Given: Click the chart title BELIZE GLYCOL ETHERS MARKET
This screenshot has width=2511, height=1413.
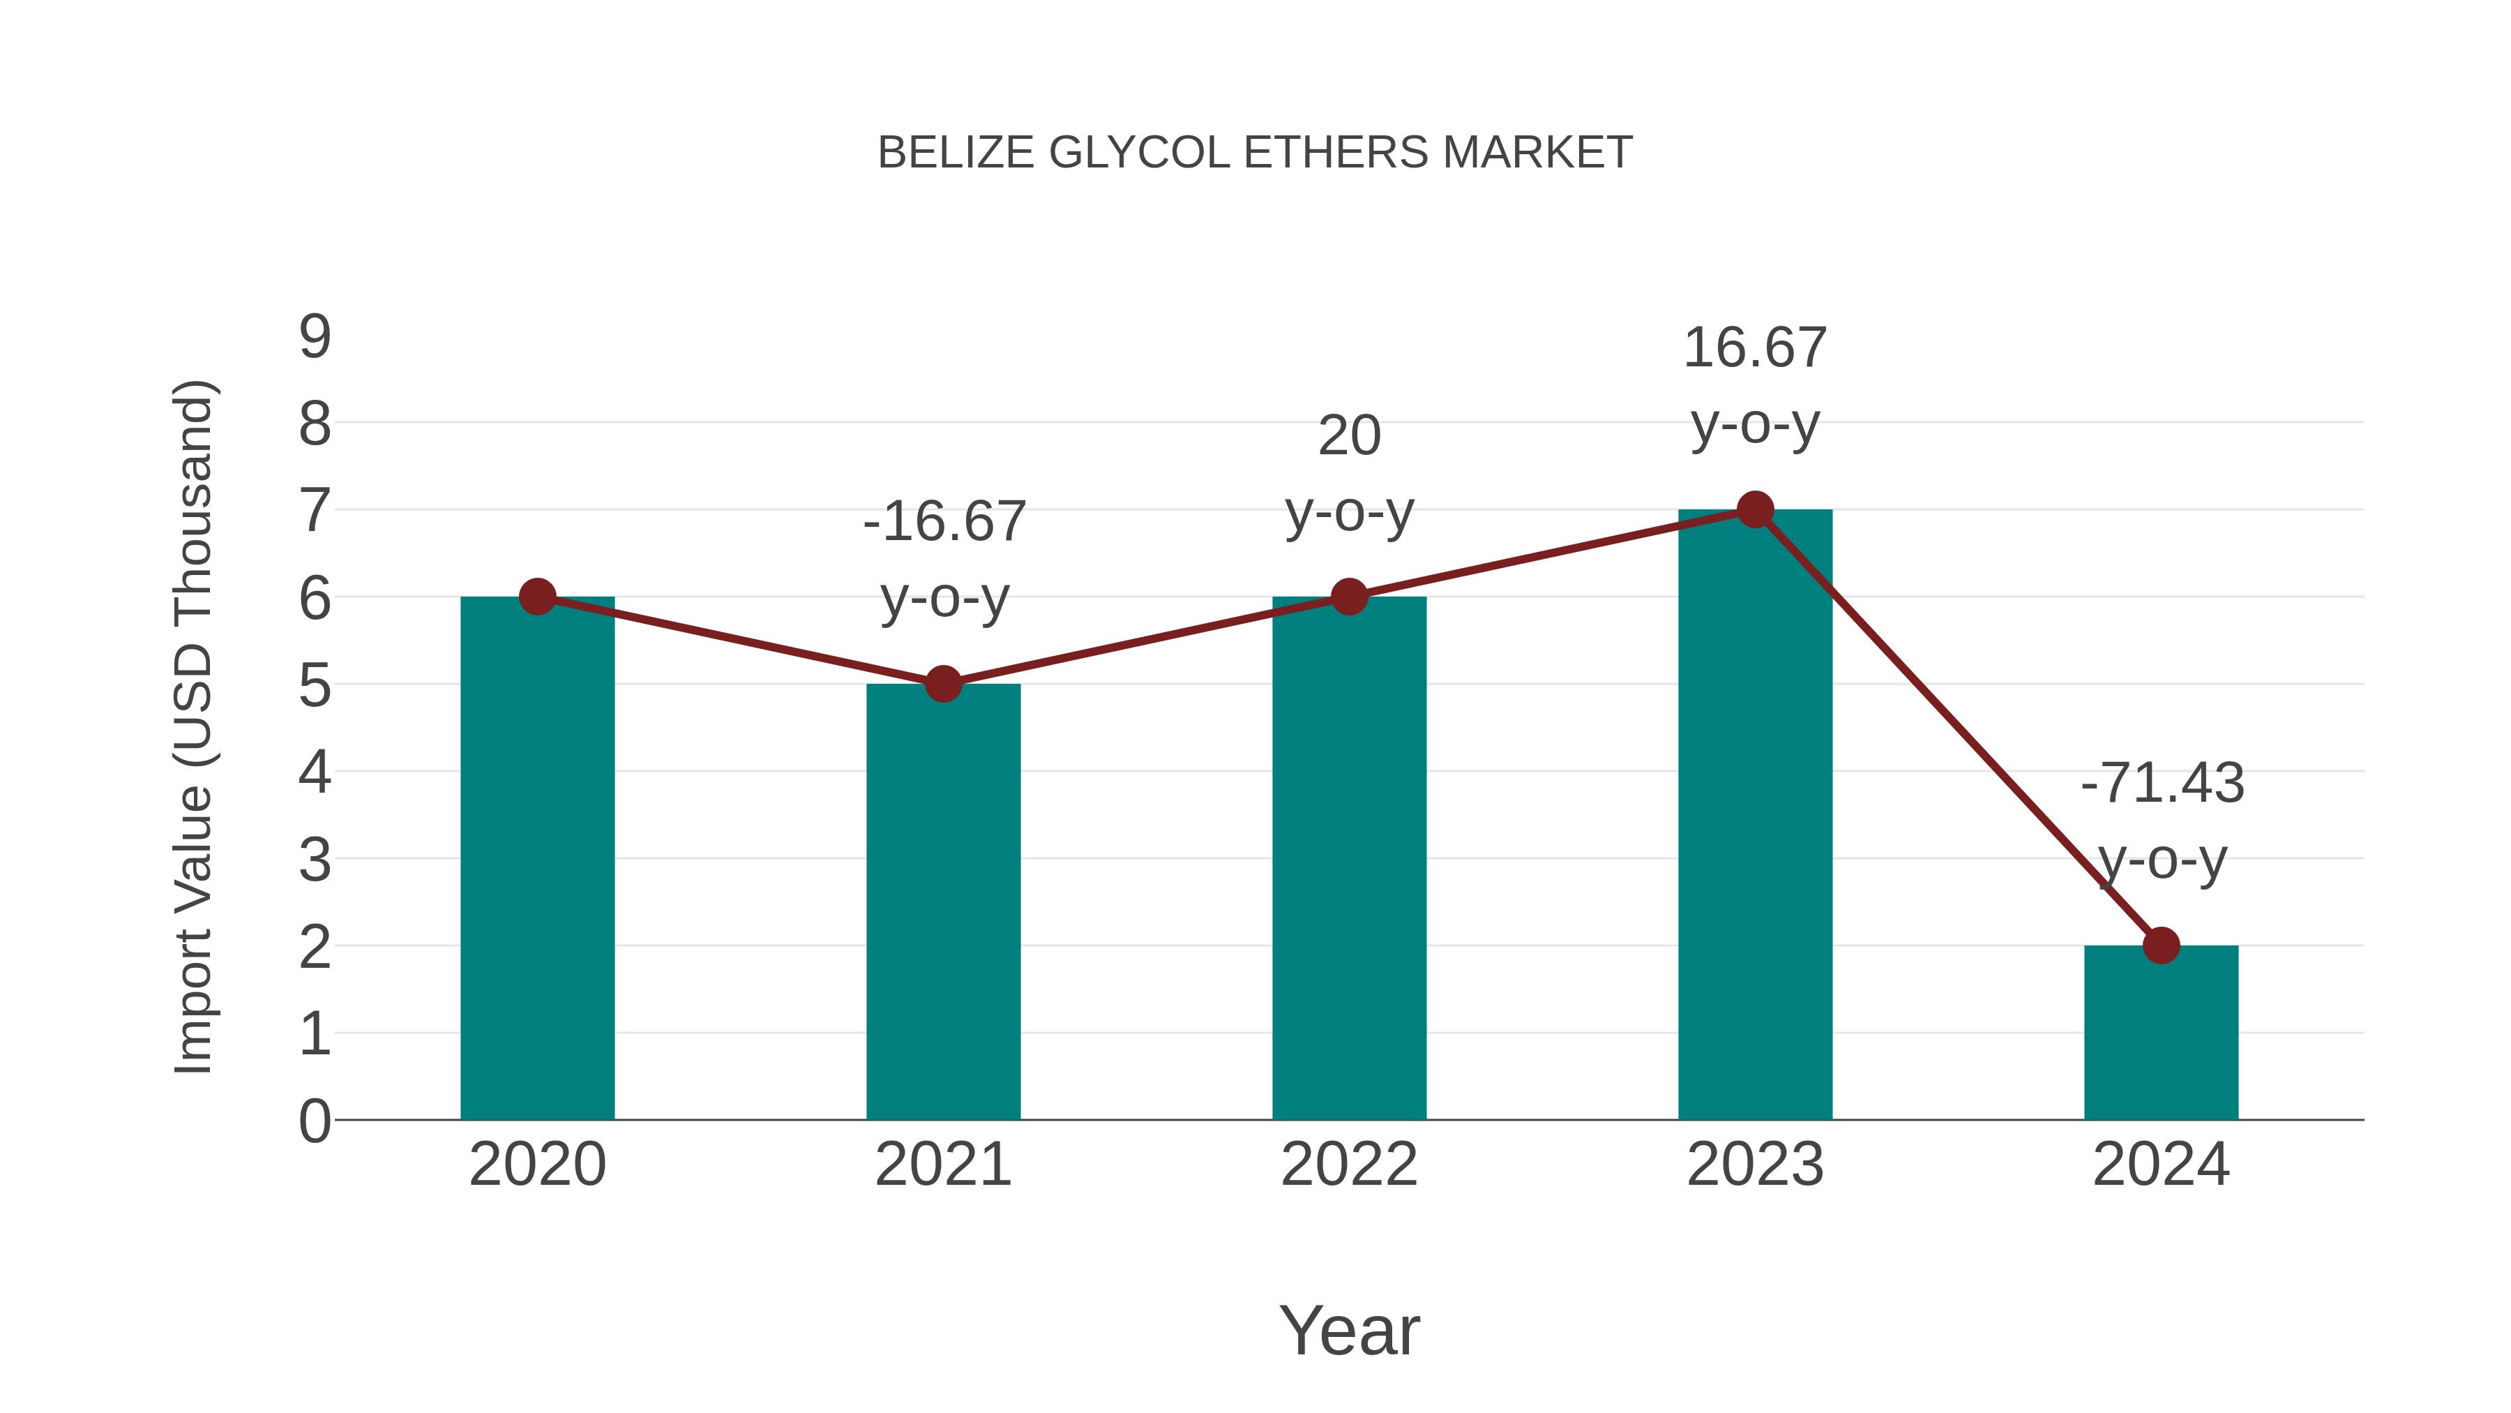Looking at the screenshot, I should click(x=1255, y=153).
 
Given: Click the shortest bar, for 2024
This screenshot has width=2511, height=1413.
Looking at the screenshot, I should click(x=2161, y=1033).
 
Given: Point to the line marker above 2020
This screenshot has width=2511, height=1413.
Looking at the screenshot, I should click(x=537, y=597).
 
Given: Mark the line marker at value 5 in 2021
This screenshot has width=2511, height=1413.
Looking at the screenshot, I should click(x=942, y=684).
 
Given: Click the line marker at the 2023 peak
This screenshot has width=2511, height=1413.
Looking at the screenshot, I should click(x=1755, y=509).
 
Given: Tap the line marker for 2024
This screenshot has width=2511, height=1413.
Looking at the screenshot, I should click(x=2161, y=945).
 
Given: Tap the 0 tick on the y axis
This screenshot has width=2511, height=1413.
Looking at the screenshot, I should click(x=315, y=1121).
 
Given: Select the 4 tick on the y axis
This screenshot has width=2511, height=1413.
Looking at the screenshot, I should click(x=315, y=772).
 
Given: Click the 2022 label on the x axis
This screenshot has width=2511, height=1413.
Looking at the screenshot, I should click(x=1349, y=1165).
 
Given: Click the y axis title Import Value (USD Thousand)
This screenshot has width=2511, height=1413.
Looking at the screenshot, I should click(x=193, y=728).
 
